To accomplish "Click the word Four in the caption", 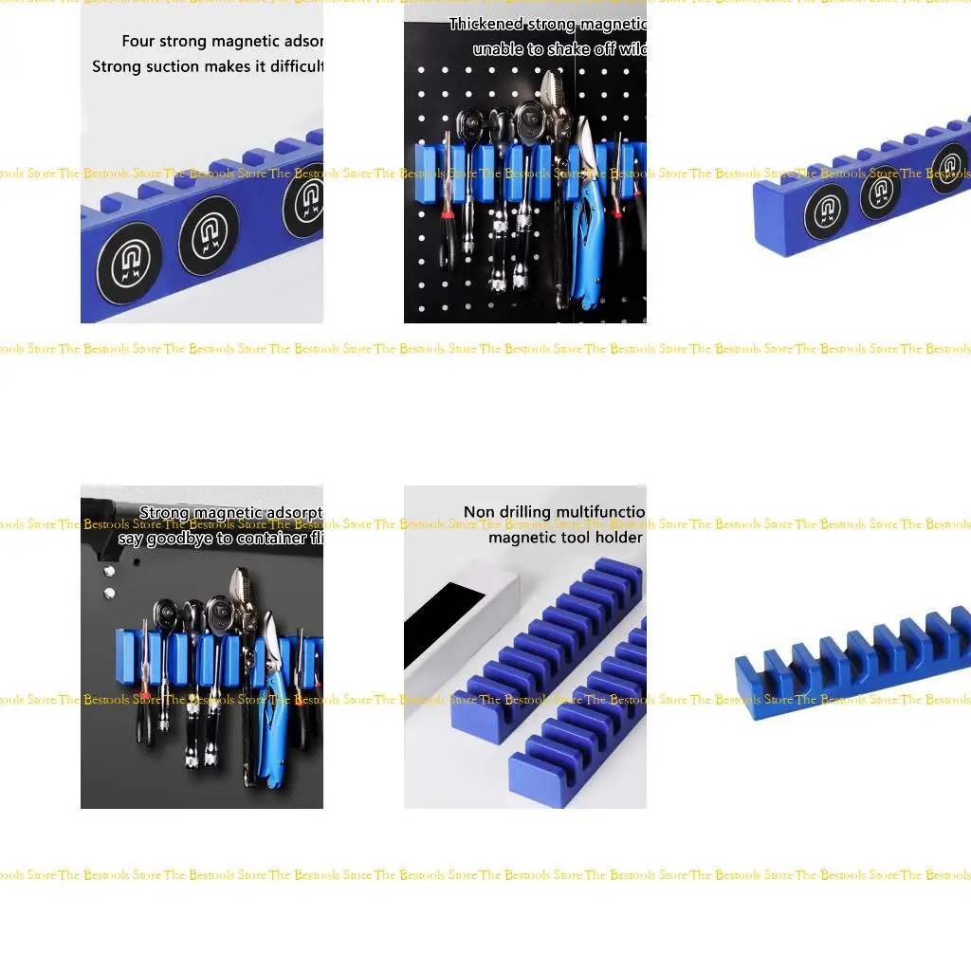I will (137, 42).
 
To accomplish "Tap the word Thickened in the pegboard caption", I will (485, 25).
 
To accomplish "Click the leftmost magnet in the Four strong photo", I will (130, 264).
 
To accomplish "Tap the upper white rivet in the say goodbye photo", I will (110, 572).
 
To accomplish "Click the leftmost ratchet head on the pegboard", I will (470, 124).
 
